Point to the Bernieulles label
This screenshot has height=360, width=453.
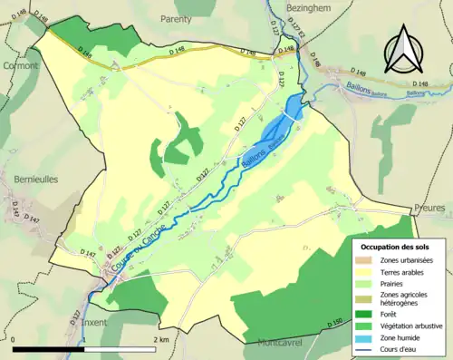35,180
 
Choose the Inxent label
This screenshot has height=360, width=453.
97,322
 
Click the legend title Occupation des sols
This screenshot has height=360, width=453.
396,247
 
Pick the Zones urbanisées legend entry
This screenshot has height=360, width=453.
406,261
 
